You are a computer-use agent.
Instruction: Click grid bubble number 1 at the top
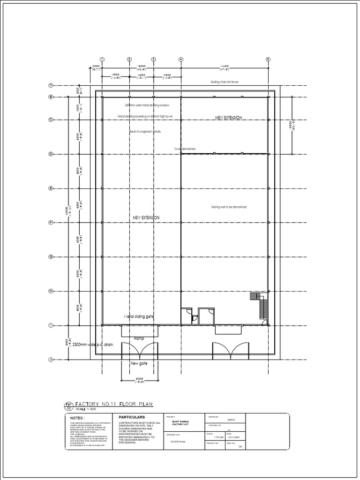point(102,60)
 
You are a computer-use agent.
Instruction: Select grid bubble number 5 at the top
point(268,60)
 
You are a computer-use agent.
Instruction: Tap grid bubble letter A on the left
point(51,85)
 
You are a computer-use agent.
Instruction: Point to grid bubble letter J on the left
point(51,360)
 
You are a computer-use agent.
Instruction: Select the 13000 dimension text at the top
point(141,67)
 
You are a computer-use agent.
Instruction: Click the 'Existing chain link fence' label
point(225,82)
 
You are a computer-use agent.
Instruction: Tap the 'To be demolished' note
point(185,149)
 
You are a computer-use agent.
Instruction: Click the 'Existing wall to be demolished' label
point(229,207)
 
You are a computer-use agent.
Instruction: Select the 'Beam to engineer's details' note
point(145,132)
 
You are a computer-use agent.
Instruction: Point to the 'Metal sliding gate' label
point(139,317)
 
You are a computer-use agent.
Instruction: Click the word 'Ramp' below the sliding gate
point(139,338)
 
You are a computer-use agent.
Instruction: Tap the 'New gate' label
point(139,364)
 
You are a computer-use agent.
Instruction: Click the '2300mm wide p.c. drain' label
point(93,345)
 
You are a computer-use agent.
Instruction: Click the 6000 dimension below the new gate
point(139,379)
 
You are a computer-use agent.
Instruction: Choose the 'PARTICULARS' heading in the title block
point(132,417)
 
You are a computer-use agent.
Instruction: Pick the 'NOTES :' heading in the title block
point(77,418)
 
